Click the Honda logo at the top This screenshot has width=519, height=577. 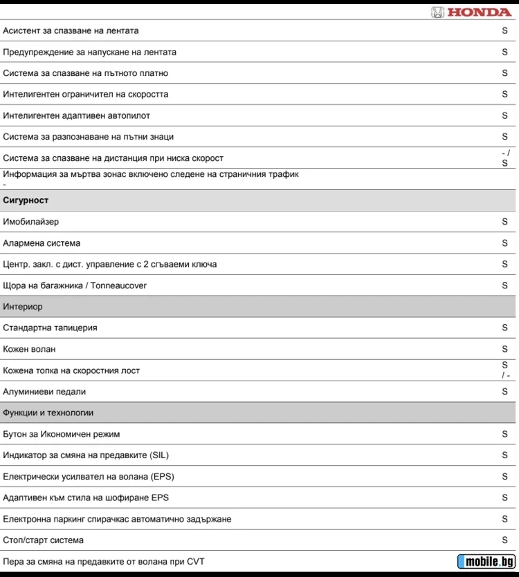[x=471, y=12]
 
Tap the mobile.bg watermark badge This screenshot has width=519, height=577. [x=487, y=561]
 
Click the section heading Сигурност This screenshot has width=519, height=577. [x=26, y=200]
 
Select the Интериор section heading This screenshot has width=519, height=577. [x=23, y=307]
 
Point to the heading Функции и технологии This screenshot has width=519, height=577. [x=48, y=413]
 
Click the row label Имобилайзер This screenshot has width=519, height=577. [x=31, y=222]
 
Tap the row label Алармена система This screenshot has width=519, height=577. [x=42, y=243]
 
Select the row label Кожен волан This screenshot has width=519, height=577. [x=29, y=349]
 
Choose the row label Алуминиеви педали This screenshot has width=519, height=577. [x=44, y=392]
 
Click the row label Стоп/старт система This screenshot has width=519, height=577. [x=43, y=540]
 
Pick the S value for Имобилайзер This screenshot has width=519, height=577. [x=504, y=222]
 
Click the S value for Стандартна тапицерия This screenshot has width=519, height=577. [x=504, y=328]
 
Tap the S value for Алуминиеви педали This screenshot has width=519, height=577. [x=504, y=392]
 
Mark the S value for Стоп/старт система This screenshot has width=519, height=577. [x=504, y=540]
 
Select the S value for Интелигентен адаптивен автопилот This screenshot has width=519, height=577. [x=504, y=115]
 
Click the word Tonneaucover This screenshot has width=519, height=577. [x=118, y=285]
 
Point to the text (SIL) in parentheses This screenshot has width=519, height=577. [x=158, y=455]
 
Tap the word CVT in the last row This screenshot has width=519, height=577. [x=195, y=562]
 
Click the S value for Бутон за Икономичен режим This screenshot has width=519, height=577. [x=504, y=434]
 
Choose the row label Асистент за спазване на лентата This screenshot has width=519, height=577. [x=71, y=30]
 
